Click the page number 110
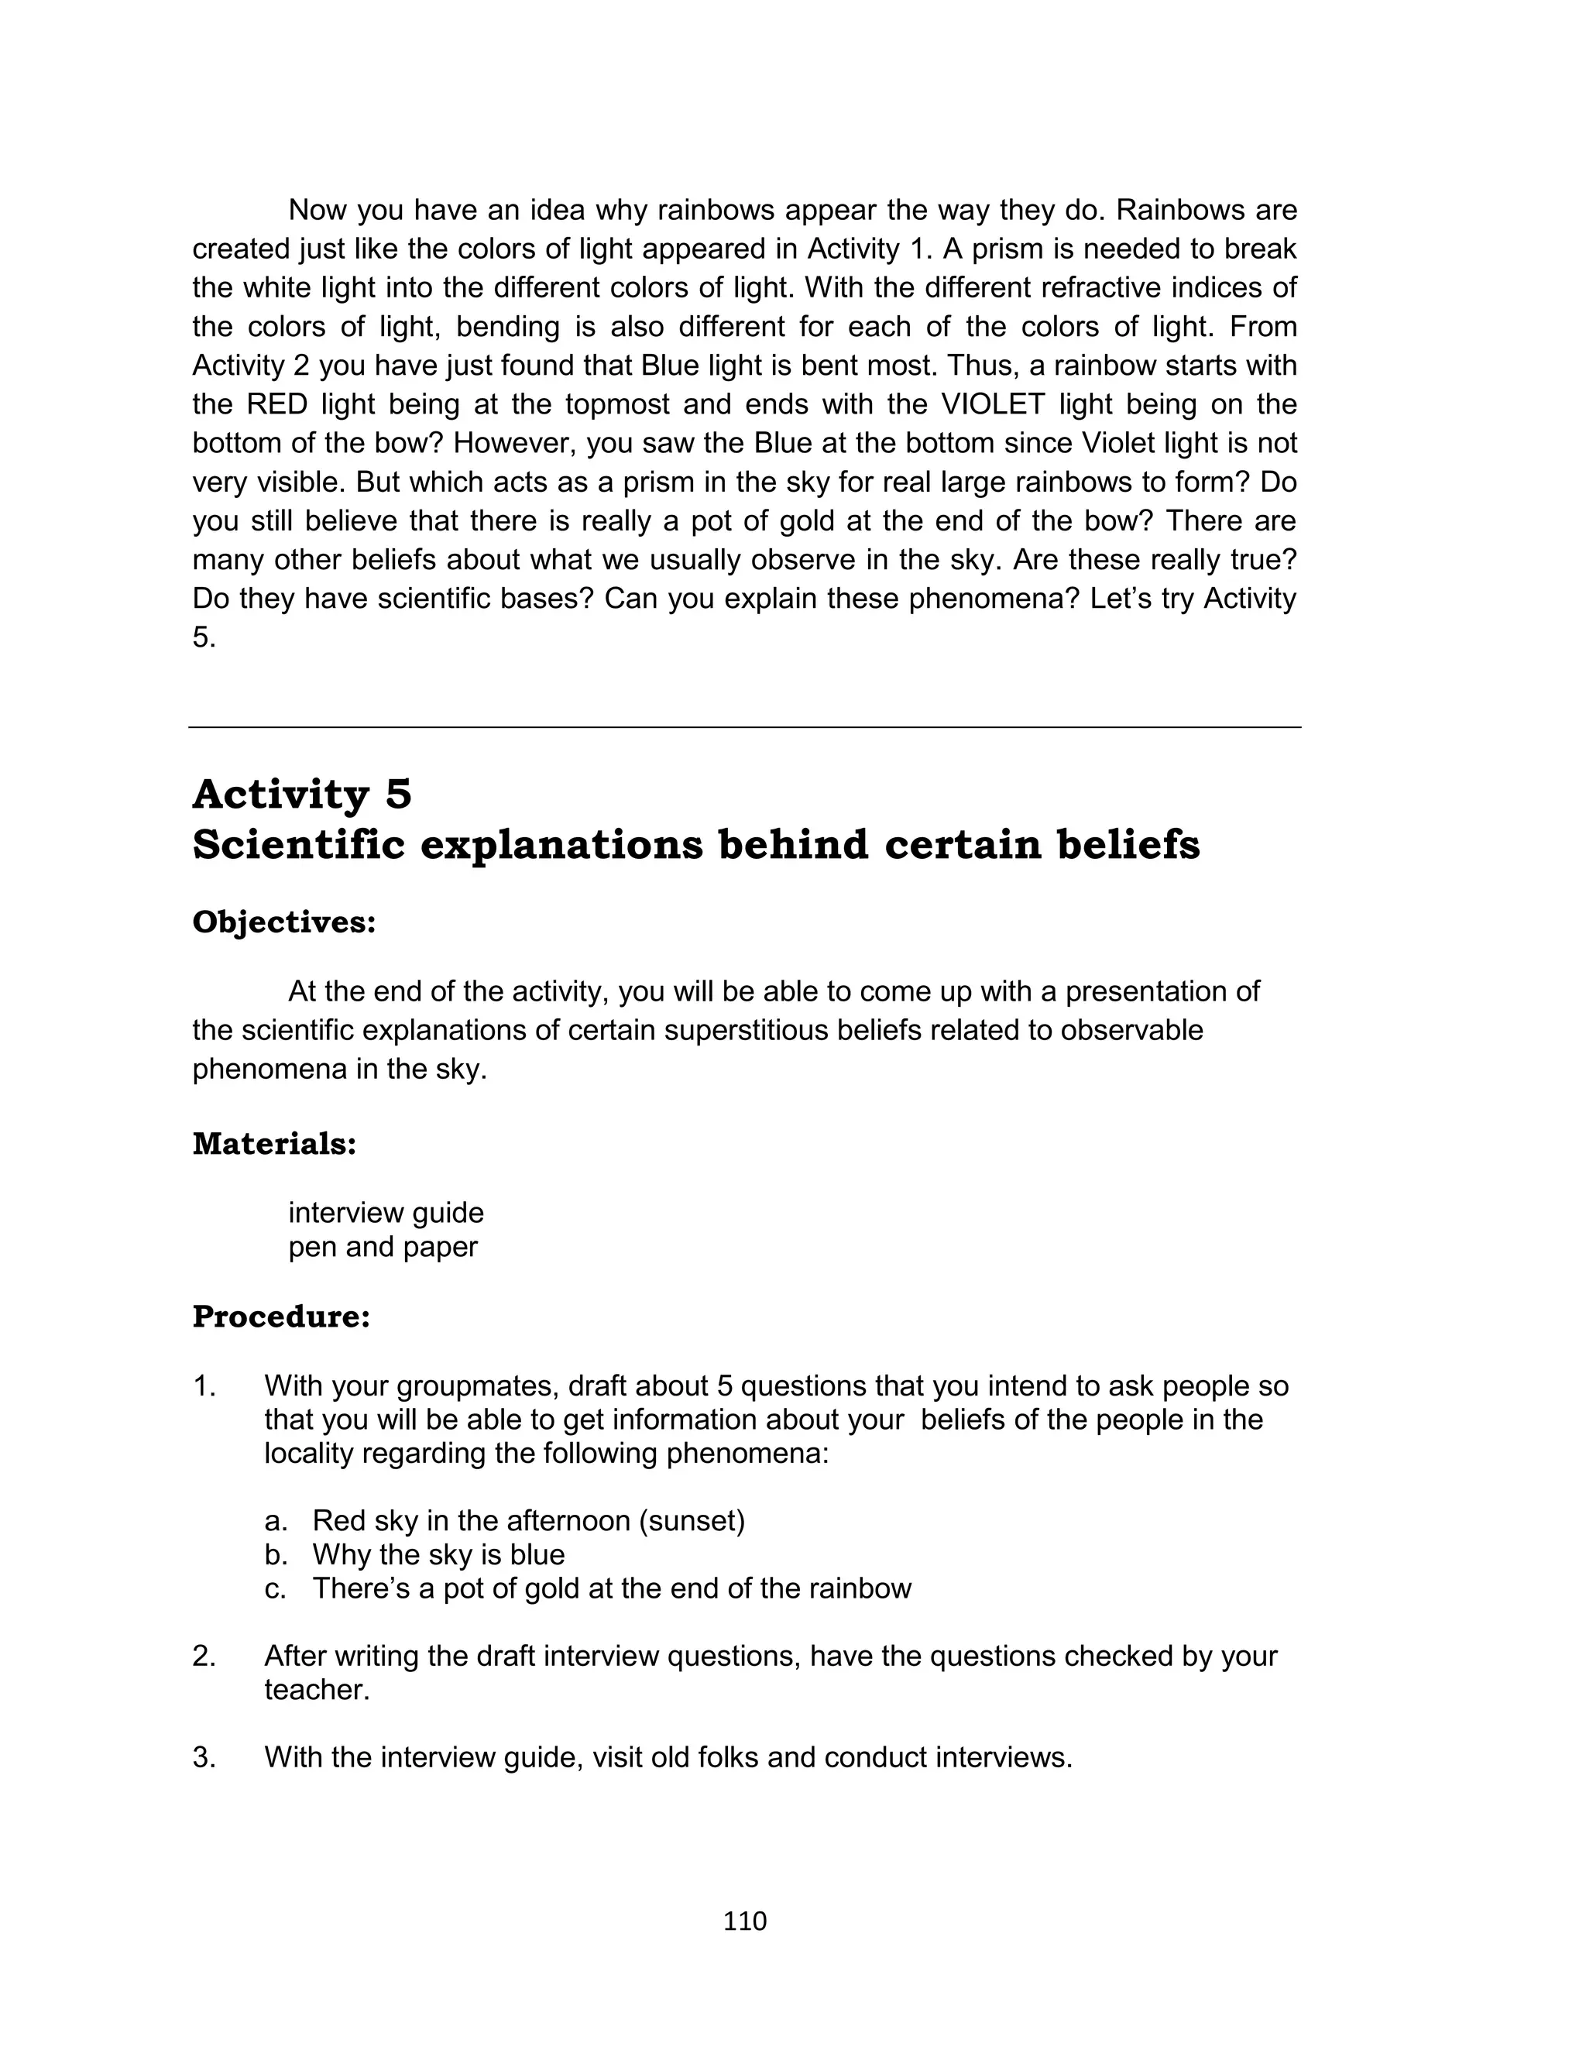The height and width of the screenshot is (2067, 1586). (x=745, y=1921)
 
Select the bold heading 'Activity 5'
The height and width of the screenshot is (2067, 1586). (x=302, y=794)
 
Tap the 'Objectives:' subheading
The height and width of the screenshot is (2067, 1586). (x=284, y=922)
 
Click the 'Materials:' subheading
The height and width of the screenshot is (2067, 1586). (x=275, y=1144)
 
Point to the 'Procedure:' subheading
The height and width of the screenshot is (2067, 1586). (x=281, y=1317)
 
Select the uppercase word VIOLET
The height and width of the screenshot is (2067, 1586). (x=992, y=405)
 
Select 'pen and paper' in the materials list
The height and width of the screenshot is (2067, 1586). (x=383, y=1247)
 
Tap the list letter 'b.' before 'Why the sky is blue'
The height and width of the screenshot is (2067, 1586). (x=276, y=1554)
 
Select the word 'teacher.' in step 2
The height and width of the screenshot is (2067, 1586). (x=318, y=1690)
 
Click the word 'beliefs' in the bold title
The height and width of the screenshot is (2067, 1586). (x=1128, y=845)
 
